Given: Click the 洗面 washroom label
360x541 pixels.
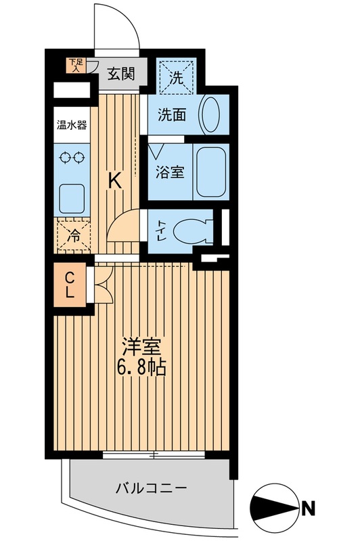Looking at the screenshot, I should (x=173, y=115).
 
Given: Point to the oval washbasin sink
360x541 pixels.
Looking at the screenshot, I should (x=211, y=114).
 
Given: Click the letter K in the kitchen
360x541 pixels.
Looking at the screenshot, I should (x=116, y=181).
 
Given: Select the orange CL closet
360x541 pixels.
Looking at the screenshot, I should (x=70, y=285).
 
